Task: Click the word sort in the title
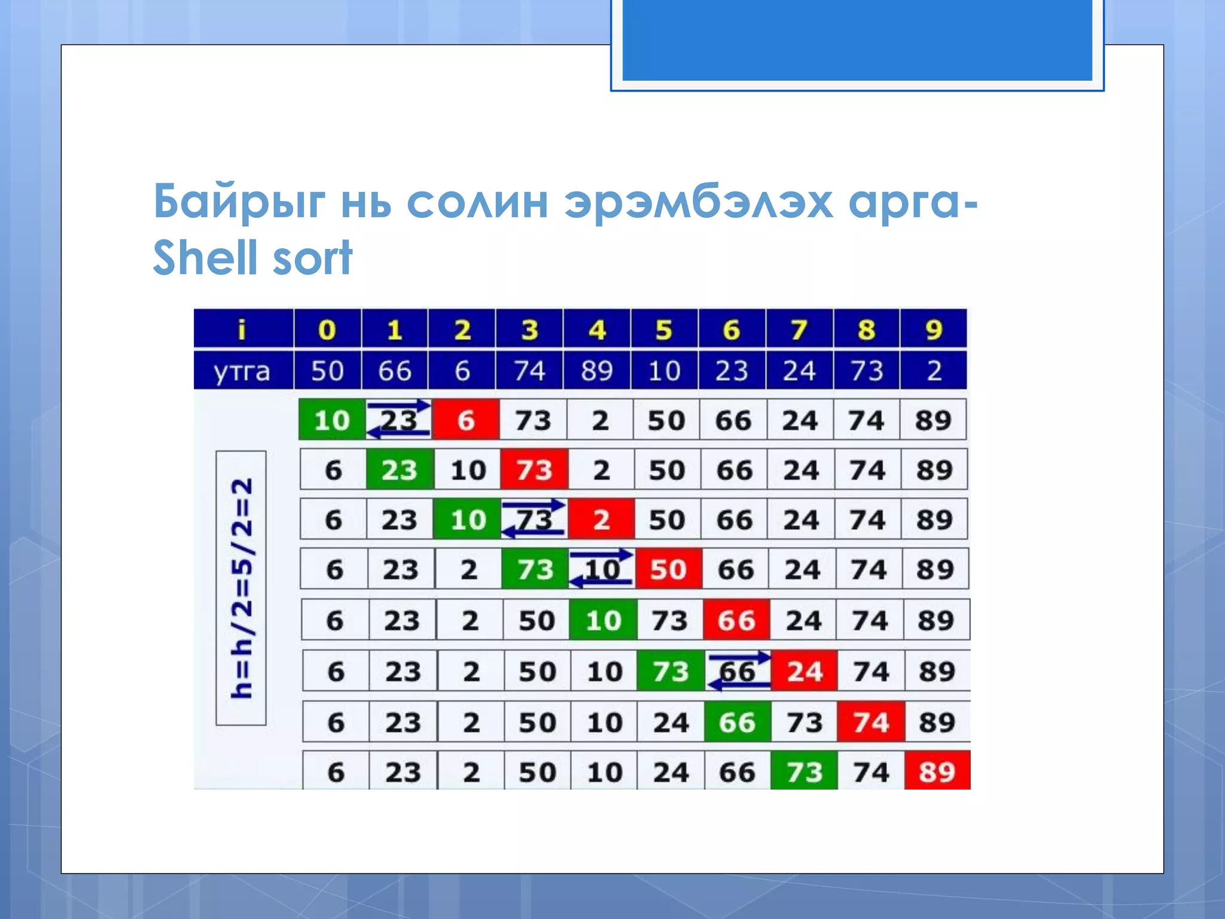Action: tap(312, 258)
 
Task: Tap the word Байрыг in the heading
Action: tap(239, 202)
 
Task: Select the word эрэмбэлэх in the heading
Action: tap(699, 202)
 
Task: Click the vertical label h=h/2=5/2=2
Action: tap(241, 588)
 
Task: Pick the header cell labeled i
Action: tap(242, 329)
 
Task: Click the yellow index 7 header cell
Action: tap(799, 329)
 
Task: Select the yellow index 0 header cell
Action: tap(327, 329)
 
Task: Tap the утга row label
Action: tap(242, 371)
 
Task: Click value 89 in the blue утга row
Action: tap(596, 371)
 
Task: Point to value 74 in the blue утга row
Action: tap(529, 371)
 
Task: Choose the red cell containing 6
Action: tap(466, 420)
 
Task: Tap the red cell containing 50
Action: tap(668, 569)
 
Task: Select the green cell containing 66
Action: tap(737, 722)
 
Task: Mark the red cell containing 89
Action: tap(937, 772)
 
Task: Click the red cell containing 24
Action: tap(805, 671)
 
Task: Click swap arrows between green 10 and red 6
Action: tap(399, 419)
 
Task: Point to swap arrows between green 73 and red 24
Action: tap(738, 671)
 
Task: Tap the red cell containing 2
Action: tap(601, 519)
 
